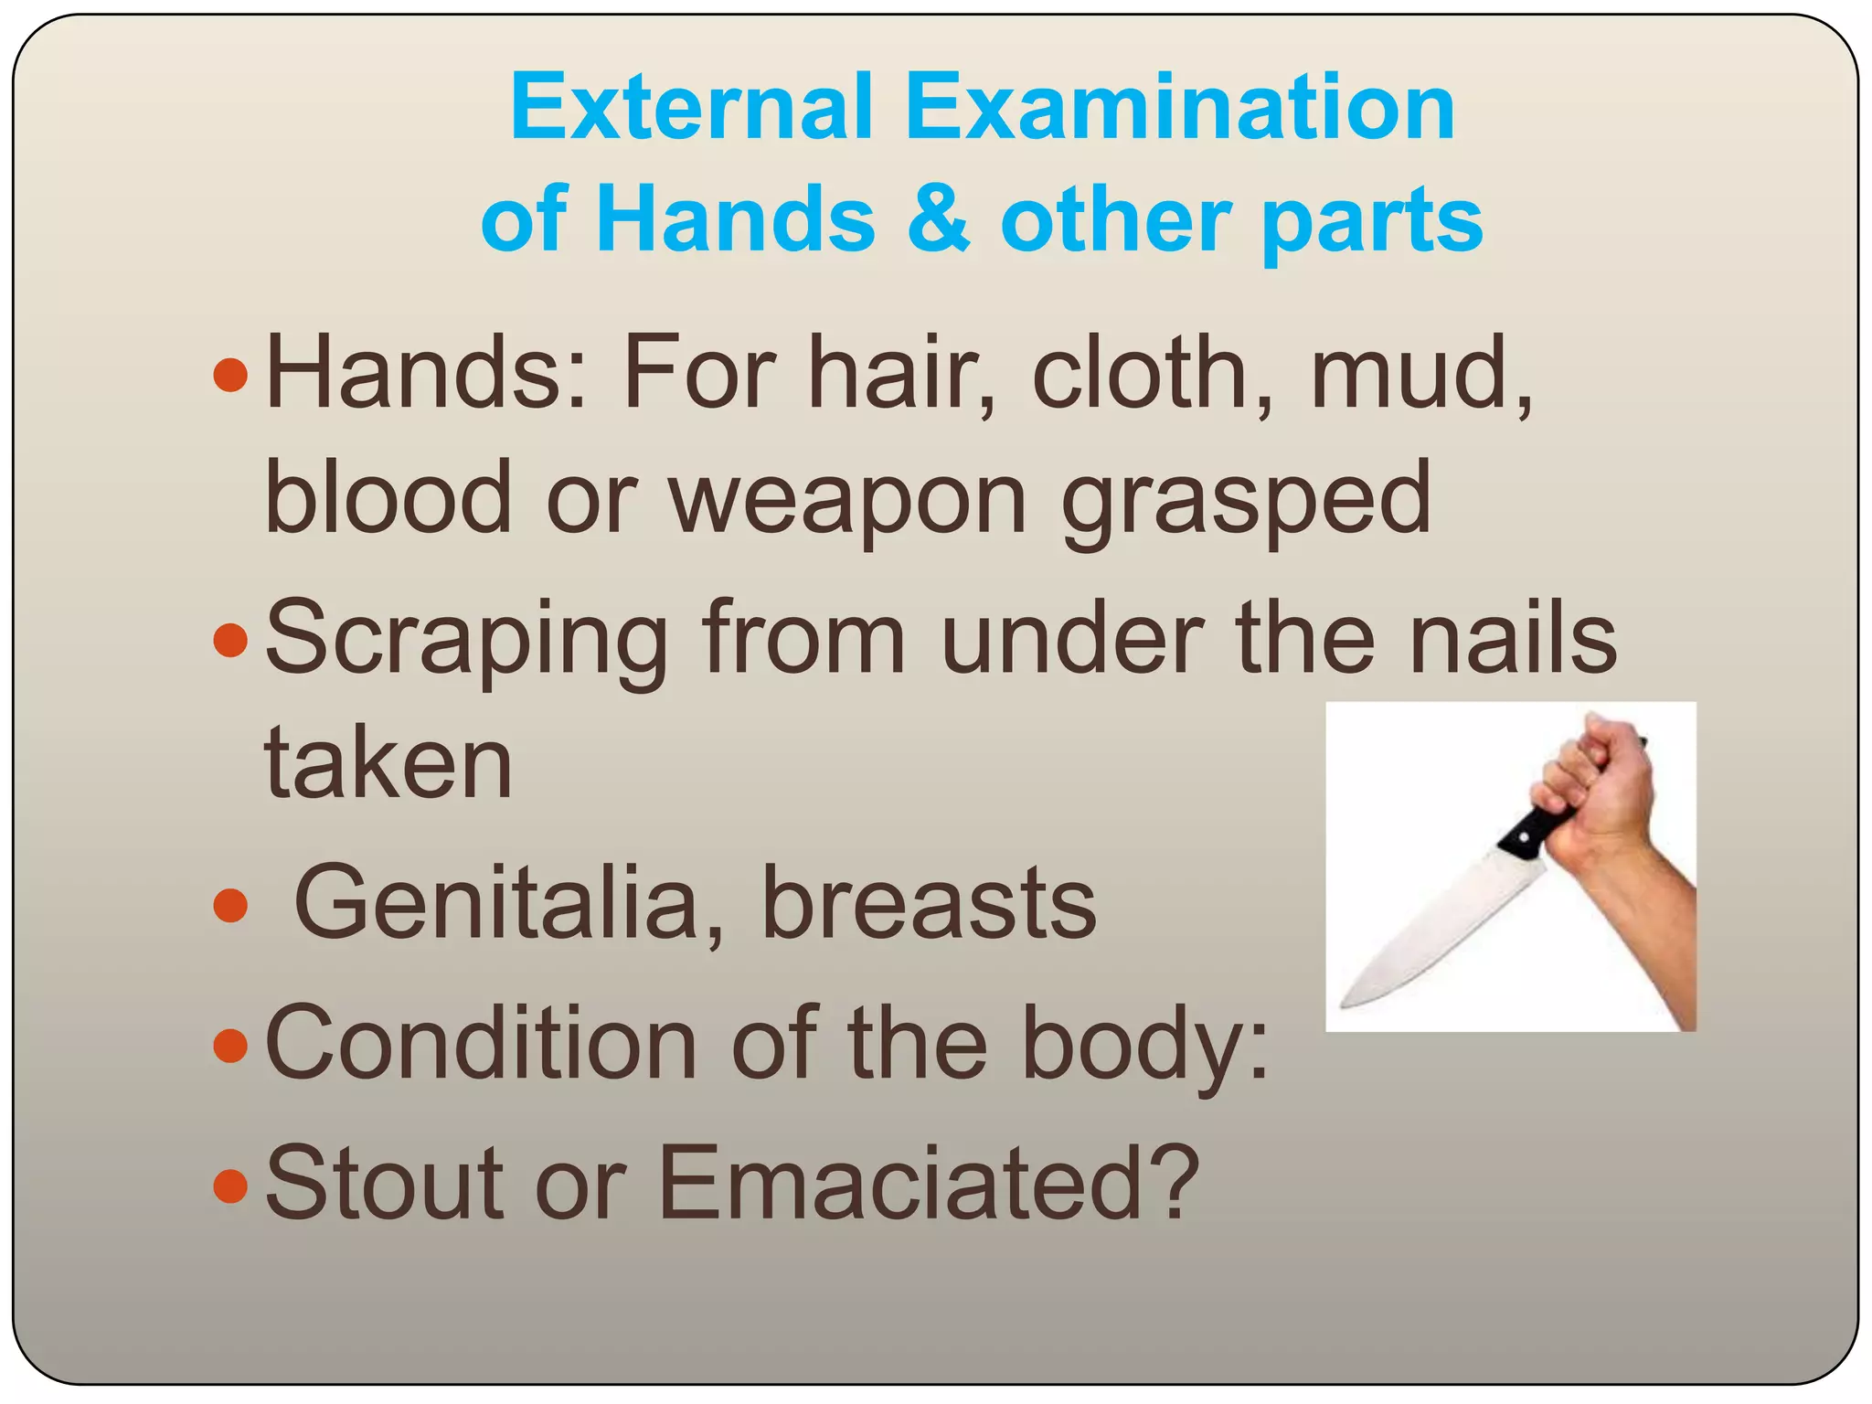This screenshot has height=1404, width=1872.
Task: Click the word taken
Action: [388, 763]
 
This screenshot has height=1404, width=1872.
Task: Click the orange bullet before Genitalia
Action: [229, 906]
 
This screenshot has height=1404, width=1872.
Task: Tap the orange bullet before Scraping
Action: [229, 640]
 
